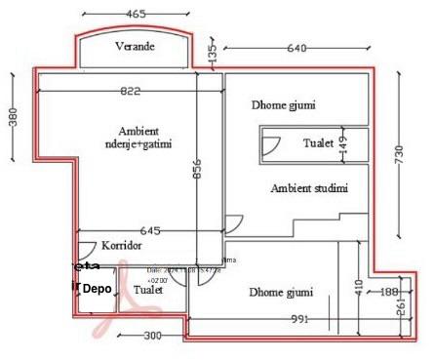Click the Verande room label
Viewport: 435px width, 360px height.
tap(136, 48)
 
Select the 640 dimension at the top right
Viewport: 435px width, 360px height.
tap(297, 48)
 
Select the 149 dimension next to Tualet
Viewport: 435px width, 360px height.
tap(342, 143)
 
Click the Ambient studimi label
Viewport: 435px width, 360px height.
tap(308, 188)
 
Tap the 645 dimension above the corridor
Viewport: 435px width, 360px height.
tap(150, 230)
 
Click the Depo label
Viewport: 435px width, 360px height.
tap(96, 289)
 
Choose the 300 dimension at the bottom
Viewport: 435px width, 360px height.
tap(151, 337)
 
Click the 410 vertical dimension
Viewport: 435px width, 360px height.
tap(359, 287)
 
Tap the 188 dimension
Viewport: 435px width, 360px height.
tap(387, 291)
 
